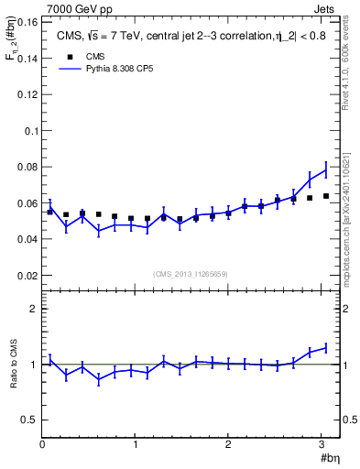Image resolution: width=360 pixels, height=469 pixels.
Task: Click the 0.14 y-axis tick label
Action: pyautogui.click(x=27, y=58)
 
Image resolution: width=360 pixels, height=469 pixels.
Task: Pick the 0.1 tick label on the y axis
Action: pyautogui.click(x=30, y=130)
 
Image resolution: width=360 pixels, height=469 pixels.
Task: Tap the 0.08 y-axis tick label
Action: pyautogui.click(x=27, y=167)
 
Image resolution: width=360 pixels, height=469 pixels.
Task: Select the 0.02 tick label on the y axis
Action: pyautogui.click(x=27, y=275)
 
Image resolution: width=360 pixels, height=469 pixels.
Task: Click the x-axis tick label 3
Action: pyautogui.click(x=322, y=445)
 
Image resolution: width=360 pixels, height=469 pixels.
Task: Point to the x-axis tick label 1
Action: pyautogui.click(x=136, y=445)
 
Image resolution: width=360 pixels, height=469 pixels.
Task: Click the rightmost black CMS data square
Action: pyautogui.click(x=326, y=196)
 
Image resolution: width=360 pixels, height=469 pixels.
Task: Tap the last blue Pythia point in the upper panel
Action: pyautogui.click(x=326, y=168)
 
